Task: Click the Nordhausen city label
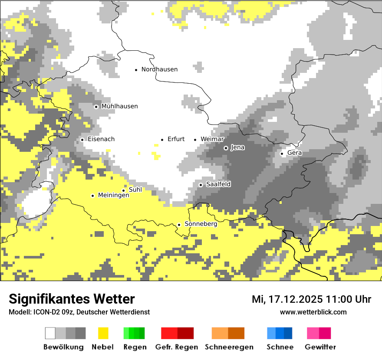point(159,69)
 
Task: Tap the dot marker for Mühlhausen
point(96,107)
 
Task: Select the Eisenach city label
point(101,139)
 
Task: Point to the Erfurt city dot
point(162,140)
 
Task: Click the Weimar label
point(212,139)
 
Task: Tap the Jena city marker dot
point(226,148)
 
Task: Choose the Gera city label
point(294,153)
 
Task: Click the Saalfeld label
point(218,184)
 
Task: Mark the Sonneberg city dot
point(179,225)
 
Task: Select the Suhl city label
point(135,190)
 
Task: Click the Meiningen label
point(114,196)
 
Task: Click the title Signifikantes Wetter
point(72,299)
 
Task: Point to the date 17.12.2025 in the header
point(296,299)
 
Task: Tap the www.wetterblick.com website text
point(313,312)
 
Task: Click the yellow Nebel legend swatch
point(103,333)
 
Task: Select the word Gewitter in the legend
point(320,347)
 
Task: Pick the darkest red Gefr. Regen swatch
point(185,333)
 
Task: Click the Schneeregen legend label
point(229,347)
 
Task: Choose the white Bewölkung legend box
point(50,333)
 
